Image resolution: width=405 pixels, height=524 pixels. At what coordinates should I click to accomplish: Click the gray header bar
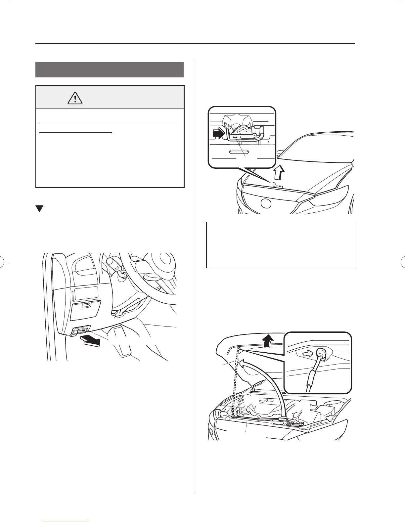coord(110,69)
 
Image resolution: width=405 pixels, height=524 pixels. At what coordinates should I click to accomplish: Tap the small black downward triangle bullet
coord(39,209)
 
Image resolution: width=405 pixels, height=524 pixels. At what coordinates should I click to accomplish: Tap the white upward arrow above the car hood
coord(280,172)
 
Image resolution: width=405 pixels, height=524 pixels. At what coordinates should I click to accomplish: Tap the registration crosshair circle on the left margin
coord(6,262)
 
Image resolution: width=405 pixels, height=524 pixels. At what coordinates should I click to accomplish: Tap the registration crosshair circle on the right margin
coord(399,262)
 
